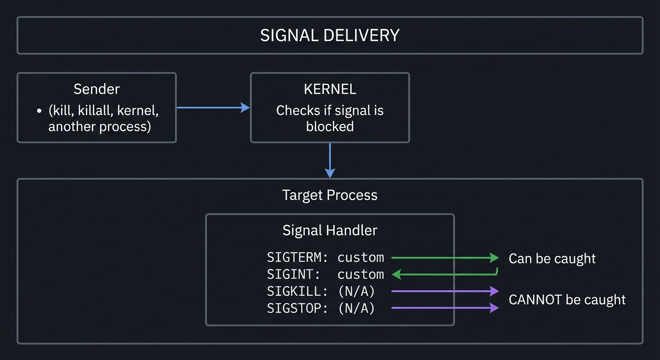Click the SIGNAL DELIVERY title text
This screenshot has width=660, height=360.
[330, 36]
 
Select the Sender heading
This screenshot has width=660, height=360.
[97, 89]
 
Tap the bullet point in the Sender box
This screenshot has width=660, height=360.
[39, 112]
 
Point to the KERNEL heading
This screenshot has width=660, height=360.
[330, 89]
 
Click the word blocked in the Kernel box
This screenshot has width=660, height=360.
[330, 127]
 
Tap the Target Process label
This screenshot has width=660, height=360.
[330, 195]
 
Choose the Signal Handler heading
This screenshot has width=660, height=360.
[330, 230]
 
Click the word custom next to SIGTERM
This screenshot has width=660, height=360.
[360, 257]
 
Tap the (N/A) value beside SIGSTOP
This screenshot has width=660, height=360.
[356, 308]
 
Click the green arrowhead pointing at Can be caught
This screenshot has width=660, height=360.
[494, 257]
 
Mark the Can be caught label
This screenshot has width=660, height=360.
[552, 258]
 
